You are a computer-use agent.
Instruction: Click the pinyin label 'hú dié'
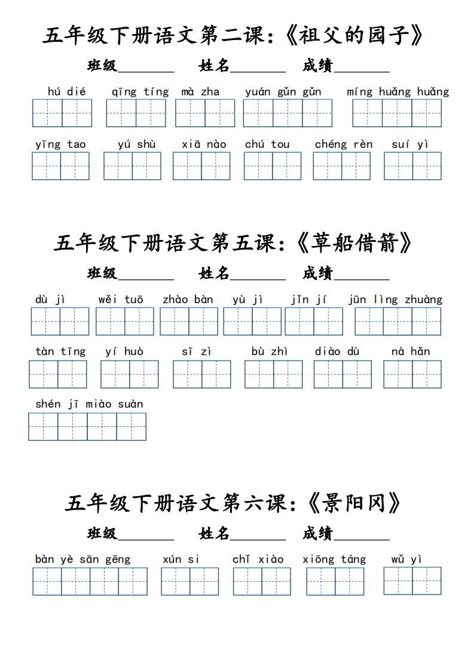[66, 91]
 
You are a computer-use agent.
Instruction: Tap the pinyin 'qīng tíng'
[140, 91]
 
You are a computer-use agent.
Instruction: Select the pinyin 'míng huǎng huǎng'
[397, 91]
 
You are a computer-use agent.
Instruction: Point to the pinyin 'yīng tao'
[60, 144]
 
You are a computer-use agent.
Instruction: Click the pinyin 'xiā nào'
[204, 144]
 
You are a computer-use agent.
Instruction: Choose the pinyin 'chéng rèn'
[343, 144]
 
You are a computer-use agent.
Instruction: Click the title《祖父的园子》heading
[234, 36]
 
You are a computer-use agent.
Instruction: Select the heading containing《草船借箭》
[234, 242]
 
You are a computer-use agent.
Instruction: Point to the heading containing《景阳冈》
[234, 503]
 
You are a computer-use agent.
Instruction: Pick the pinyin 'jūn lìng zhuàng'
[395, 299]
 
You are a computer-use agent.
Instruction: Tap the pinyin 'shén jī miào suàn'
[89, 404]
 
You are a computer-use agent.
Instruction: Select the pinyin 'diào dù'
[337, 351]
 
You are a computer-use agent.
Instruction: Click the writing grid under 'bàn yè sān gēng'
[90, 581]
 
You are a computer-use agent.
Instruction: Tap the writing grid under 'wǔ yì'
[412, 581]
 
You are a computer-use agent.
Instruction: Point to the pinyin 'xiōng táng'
[334, 560]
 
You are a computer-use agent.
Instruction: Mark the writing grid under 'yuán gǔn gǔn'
[288, 113]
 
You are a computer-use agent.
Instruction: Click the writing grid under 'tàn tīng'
[58, 374]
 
